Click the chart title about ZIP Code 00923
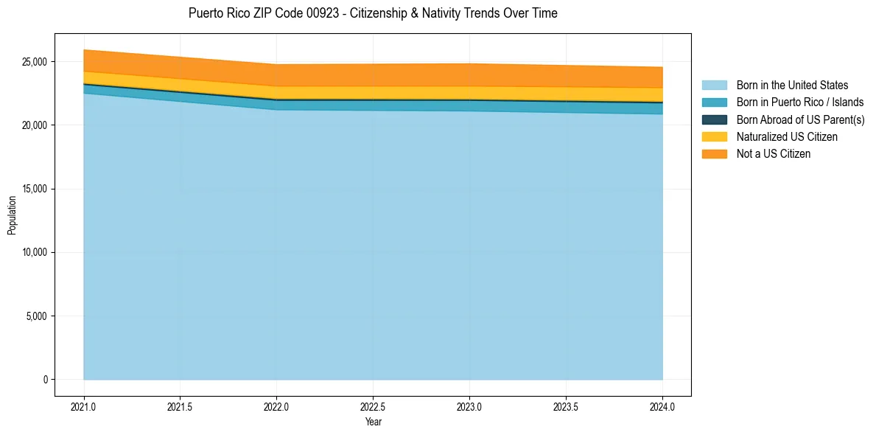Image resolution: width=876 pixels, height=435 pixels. [373, 13]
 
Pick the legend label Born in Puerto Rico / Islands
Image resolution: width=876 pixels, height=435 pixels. [800, 102]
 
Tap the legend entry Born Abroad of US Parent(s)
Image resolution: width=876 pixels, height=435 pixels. [800, 119]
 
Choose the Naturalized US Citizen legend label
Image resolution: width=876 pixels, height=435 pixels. [787, 136]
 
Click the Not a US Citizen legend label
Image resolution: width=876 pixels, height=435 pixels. [774, 153]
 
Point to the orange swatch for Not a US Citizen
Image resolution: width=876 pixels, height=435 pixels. [714, 153]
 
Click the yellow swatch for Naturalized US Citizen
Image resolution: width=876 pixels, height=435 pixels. [714, 136]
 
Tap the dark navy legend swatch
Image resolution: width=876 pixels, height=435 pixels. [714, 119]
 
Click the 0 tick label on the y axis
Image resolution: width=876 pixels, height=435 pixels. [45, 380]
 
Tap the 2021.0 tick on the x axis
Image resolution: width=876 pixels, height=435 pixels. [84, 406]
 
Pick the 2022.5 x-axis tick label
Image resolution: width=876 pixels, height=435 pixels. [374, 406]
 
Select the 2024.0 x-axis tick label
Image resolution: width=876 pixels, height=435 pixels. [663, 406]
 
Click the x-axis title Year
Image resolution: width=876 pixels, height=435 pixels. [374, 422]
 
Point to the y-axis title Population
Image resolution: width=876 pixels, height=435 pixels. [12, 215]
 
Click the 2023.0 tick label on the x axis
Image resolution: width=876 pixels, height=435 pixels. [470, 406]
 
